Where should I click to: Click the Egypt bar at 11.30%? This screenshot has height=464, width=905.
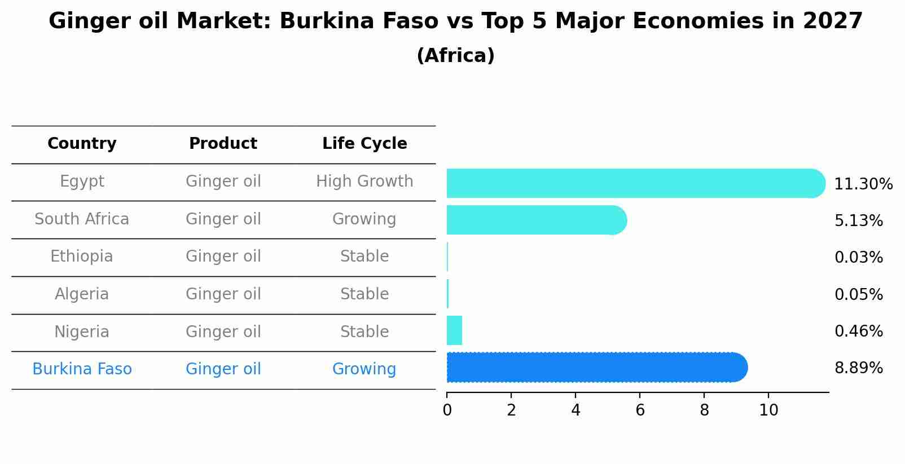point(635,183)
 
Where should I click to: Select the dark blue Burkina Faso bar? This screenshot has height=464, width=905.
point(596,368)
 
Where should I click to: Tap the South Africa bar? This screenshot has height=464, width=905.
point(536,220)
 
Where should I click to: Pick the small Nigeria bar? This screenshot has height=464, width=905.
point(454,330)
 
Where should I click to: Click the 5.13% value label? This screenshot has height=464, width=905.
point(858,220)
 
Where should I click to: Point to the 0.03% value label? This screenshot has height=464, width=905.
point(858,258)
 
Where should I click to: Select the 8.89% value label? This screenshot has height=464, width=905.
point(858,368)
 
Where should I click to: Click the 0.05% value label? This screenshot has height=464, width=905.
point(858,294)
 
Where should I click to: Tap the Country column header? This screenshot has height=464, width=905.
point(82,144)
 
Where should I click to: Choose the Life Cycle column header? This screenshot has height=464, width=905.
point(364,144)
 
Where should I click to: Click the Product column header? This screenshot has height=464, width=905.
point(223,144)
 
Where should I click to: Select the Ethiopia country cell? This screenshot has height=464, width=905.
point(82,257)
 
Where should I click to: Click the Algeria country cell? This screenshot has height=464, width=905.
point(82,294)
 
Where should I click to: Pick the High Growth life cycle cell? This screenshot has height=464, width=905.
point(364,182)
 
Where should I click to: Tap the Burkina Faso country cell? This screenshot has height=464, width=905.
point(82,369)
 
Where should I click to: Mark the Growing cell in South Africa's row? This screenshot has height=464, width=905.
point(364,219)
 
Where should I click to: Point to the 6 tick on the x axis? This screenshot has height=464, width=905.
point(640,410)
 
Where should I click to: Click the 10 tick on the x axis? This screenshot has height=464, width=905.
point(768,410)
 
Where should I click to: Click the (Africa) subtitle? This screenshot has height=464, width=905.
point(455,56)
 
